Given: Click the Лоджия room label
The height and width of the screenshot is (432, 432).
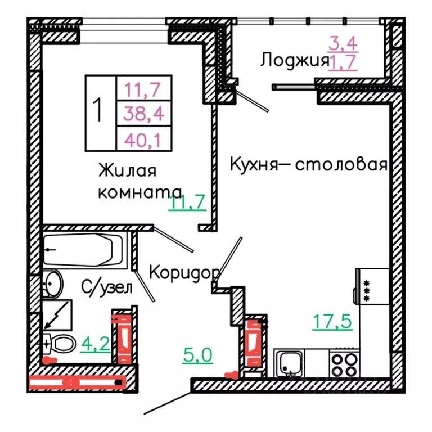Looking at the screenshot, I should [x=294, y=60].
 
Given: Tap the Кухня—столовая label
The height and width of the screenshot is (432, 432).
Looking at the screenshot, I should [x=309, y=165].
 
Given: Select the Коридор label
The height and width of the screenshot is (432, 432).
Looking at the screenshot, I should [x=184, y=272].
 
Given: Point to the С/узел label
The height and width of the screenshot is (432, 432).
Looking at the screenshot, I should [x=107, y=288].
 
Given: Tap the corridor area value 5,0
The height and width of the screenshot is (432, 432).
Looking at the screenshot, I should [x=197, y=355].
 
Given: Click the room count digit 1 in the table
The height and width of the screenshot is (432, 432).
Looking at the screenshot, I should [x=99, y=110].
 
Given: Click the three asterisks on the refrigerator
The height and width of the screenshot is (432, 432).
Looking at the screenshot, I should [x=367, y=291].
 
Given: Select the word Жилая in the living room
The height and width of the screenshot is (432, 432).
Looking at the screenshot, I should [x=127, y=170].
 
